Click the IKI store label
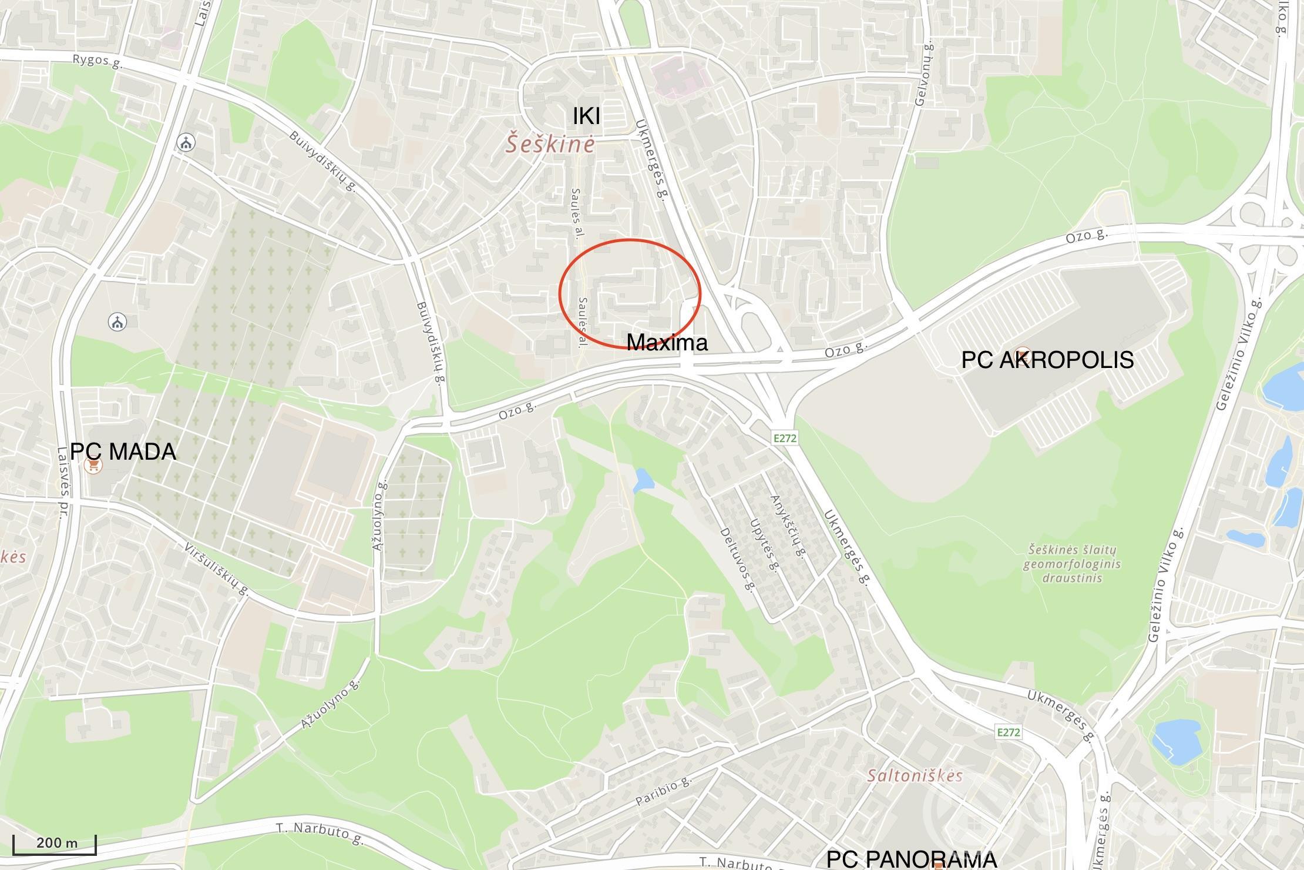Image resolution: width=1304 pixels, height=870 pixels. (x=586, y=116)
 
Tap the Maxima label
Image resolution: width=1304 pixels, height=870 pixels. (x=667, y=342)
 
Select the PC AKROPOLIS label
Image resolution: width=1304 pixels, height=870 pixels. (x=1047, y=360)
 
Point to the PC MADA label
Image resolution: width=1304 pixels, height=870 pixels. (x=123, y=451)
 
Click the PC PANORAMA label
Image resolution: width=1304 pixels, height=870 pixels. (x=911, y=859)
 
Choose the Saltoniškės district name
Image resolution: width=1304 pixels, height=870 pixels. (x=915, y=775)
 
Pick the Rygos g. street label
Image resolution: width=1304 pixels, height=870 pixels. (x=98, y=61)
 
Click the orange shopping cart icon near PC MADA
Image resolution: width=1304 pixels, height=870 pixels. (x=93, y=466)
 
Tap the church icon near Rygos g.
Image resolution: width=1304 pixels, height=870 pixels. (x=186, y=142)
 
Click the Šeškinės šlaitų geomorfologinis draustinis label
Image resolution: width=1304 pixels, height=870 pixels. (x=1071, y=563)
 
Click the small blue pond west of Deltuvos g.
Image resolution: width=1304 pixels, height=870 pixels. (x=643, y=481)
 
